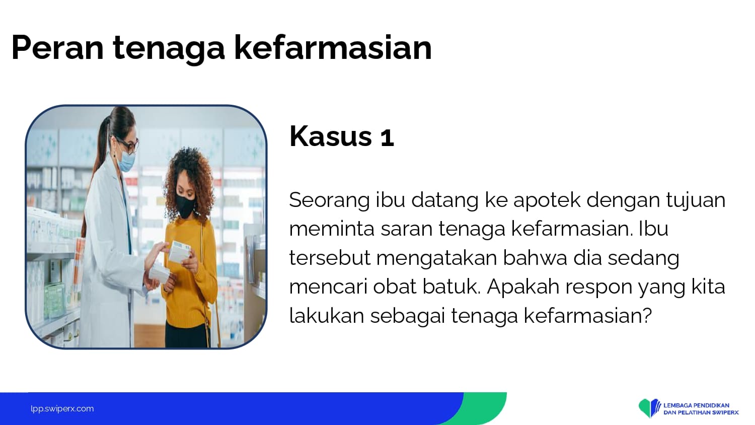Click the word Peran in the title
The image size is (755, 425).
(x=57, y=47)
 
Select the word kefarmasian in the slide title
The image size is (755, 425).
(x=333, y=47)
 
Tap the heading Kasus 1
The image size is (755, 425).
(x=341, y=136)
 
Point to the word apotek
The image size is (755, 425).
(x=547, y=200)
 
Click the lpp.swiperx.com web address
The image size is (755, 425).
(x=62, y=409)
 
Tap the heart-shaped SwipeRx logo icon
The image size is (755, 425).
(x=649, y=408)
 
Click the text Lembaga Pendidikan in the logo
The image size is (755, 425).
(x=696, y=405)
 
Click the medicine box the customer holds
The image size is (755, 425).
(x=179, y=251)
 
